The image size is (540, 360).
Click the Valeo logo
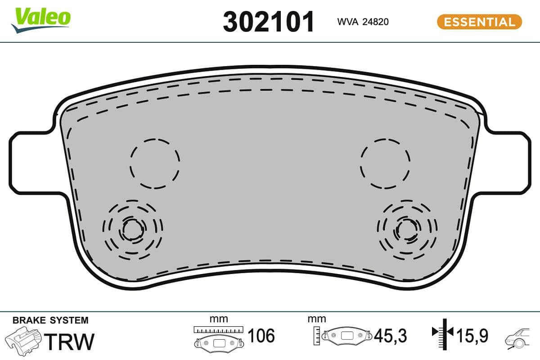coord(41,19)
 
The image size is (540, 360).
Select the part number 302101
coord(269,22)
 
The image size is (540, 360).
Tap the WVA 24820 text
coord(363,22)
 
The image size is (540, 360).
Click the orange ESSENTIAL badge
coord(479,22)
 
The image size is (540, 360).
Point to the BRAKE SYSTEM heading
coord(50,320)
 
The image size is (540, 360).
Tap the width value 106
coord(261,336)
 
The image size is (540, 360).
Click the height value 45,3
coord(390,336)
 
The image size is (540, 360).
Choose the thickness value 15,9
coord(472,336)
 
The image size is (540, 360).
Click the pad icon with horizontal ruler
coord(218,337)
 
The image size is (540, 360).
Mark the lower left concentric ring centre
coord(132,230)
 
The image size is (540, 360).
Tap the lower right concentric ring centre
coord(408,230)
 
